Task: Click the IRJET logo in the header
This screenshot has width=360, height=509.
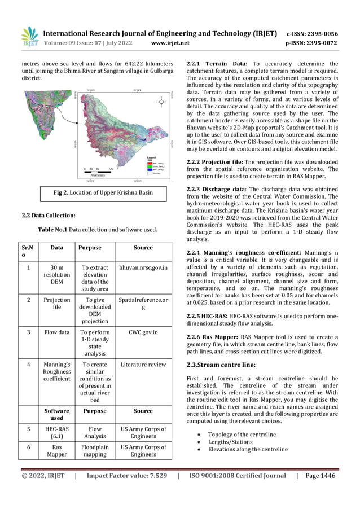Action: [30, 37]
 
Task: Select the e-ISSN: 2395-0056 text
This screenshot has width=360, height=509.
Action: [312, 33]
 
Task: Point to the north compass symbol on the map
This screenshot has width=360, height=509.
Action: [162, 102]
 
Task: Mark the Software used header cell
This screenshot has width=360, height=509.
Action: [56, 415]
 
